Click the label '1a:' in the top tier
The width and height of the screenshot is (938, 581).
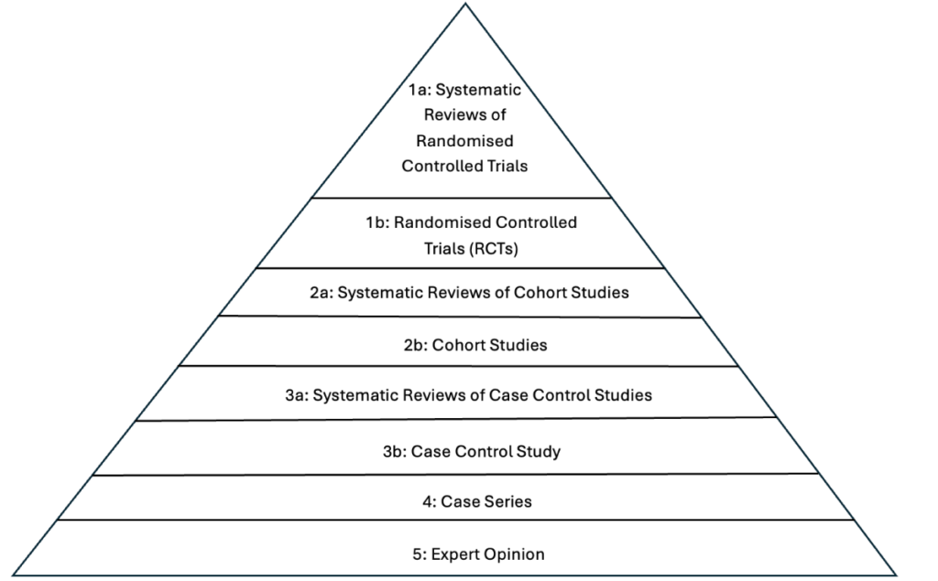point(420,90)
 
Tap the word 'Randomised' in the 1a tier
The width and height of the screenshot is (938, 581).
point(464,141)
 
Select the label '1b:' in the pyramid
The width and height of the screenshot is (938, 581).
point(377,222)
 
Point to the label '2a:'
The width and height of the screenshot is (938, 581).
point(322,292)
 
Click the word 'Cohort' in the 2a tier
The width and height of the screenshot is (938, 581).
point(539,292)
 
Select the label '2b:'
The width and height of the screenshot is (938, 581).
point(416,345)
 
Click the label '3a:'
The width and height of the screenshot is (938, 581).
point(297,395)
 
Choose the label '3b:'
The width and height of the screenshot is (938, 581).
point(395,451)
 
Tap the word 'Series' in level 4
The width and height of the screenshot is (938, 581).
point(509,501)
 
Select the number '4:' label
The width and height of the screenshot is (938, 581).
point(430,501)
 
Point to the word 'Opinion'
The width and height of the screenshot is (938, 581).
point(515,554)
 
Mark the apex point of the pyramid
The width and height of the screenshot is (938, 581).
point(465,4)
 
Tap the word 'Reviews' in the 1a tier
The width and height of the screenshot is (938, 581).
point(457,114)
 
